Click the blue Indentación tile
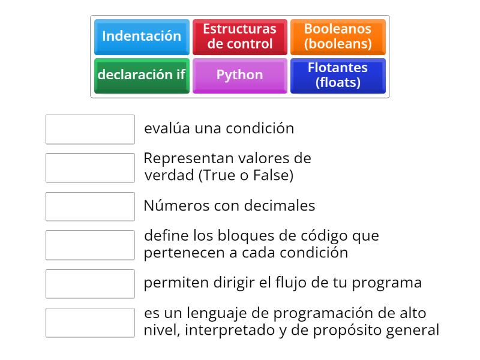pyautogui.click(x=142, y=37)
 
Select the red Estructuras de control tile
pyautogui.click(x=239, y=37)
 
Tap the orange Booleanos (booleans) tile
pyautogui.click(x=338, y=37)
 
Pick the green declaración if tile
pyautogui.click(x=142, y=76)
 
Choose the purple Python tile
pyautogui.click(x=239, y=76)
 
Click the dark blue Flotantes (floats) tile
pyautogui.click(x=338, y=76)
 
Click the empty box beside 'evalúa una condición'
pyautogui.click(x=90, y=129)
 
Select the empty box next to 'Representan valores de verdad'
pyautogui.click(x=90, y=167)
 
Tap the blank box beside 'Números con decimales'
pyautogui.click(x=90, y=206)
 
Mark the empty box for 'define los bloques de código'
pyautogui.click(x=90, y=245)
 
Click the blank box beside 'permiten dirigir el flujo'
pyautogui.click(x=90, y=283)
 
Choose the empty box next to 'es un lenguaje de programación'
pyautogui.click(x=90, y=322)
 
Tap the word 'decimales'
pyautogui.click(x=285, y=206)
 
